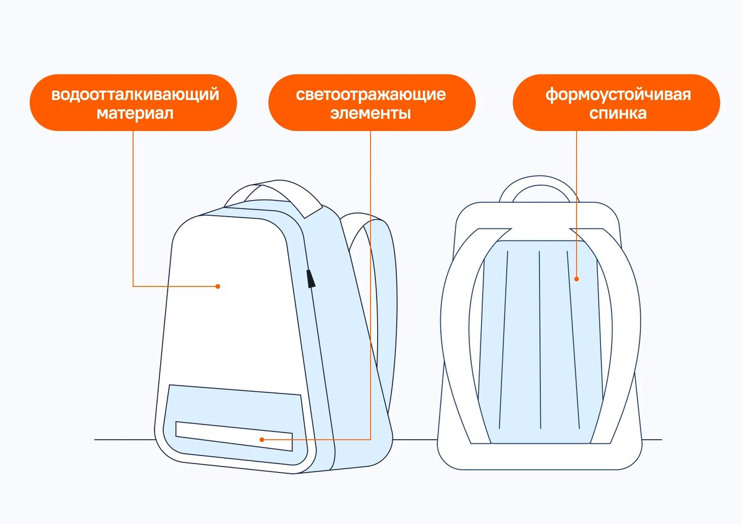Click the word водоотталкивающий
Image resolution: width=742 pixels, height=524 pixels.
click(135, 95)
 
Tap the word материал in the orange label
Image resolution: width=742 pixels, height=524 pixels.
click(135, 114)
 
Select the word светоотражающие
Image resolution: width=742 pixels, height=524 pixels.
click(371, 95)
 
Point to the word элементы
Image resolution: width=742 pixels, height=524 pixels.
click(371, 114)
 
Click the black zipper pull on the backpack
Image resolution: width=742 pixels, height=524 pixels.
click(310, 279)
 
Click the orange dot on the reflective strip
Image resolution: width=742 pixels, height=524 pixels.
click(262, 439)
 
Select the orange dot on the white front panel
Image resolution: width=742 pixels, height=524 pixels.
click(218, 286)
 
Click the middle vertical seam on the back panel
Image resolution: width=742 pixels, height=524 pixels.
click(540, 340)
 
